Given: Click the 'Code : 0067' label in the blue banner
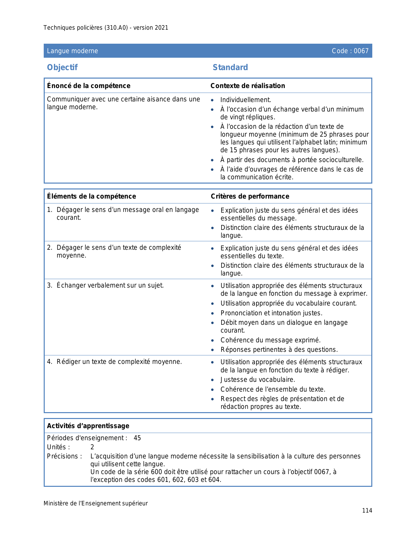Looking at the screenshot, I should [350, 51].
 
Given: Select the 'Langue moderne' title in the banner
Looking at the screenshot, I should [72, 51].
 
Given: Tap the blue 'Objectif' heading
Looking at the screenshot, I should [62, 67].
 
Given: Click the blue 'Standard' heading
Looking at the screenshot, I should [230, 67].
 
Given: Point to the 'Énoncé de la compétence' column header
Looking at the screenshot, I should [89, 86].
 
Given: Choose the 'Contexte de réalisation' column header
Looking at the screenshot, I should [248, 86].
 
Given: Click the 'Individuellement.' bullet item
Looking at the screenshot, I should [246, 100].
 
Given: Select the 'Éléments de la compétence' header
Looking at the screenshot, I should [91, 196].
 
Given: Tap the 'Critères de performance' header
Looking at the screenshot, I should [250, 196].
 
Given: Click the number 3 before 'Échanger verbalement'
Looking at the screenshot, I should [49, 286].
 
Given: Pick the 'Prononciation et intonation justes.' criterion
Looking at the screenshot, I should [271, 313].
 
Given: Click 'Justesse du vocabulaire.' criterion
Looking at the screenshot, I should [258, 380].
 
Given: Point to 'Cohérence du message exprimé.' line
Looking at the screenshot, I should [270, 340].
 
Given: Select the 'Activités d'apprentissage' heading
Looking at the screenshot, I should [88, 426].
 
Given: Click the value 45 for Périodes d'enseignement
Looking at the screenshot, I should [137, 438].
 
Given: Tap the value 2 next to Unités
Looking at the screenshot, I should [92, 447].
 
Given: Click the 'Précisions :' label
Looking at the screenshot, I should [64, 456].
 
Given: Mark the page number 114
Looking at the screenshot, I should [367, 511].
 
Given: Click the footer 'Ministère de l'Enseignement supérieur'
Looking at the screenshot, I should [96, 503].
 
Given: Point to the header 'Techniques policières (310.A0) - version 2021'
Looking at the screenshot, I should [106, 28].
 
